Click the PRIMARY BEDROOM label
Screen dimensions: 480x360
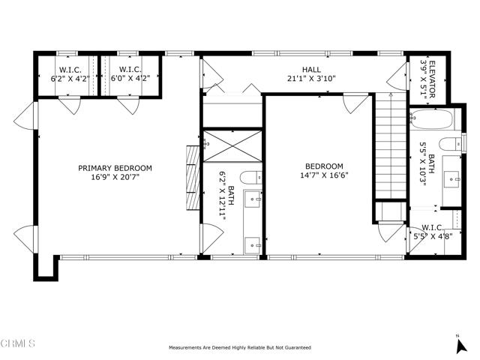click(x=115, y=168)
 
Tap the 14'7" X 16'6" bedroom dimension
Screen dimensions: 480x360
click(x=324, y=175)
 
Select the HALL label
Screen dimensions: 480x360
click(x=312, y=70)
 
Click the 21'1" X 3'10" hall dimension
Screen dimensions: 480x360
click(x=312, y=79)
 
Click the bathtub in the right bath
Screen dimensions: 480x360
click(x=431, y=120)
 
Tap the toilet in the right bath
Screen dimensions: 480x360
click(x=451, y=144)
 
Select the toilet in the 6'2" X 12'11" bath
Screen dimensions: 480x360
click(x=251, y=178)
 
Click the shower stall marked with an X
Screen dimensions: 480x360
click(x=232, y=146)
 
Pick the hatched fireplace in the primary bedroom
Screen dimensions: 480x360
click(x=193, y=178)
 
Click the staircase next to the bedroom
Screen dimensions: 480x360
click(x=391, y=145)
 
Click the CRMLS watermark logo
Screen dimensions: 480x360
click(x=18, y=343)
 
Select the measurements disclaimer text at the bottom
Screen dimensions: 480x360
click(x=240, y=348)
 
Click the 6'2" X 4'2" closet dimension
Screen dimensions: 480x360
click(x=70, y=79)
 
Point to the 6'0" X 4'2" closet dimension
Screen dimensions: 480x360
click(x=130, y=78)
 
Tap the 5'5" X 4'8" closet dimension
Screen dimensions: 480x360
click(x=433, y=236)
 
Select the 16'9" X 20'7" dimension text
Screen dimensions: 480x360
click(x=115, y=177)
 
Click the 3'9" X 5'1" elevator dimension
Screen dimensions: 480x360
click(x=423, y=79)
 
